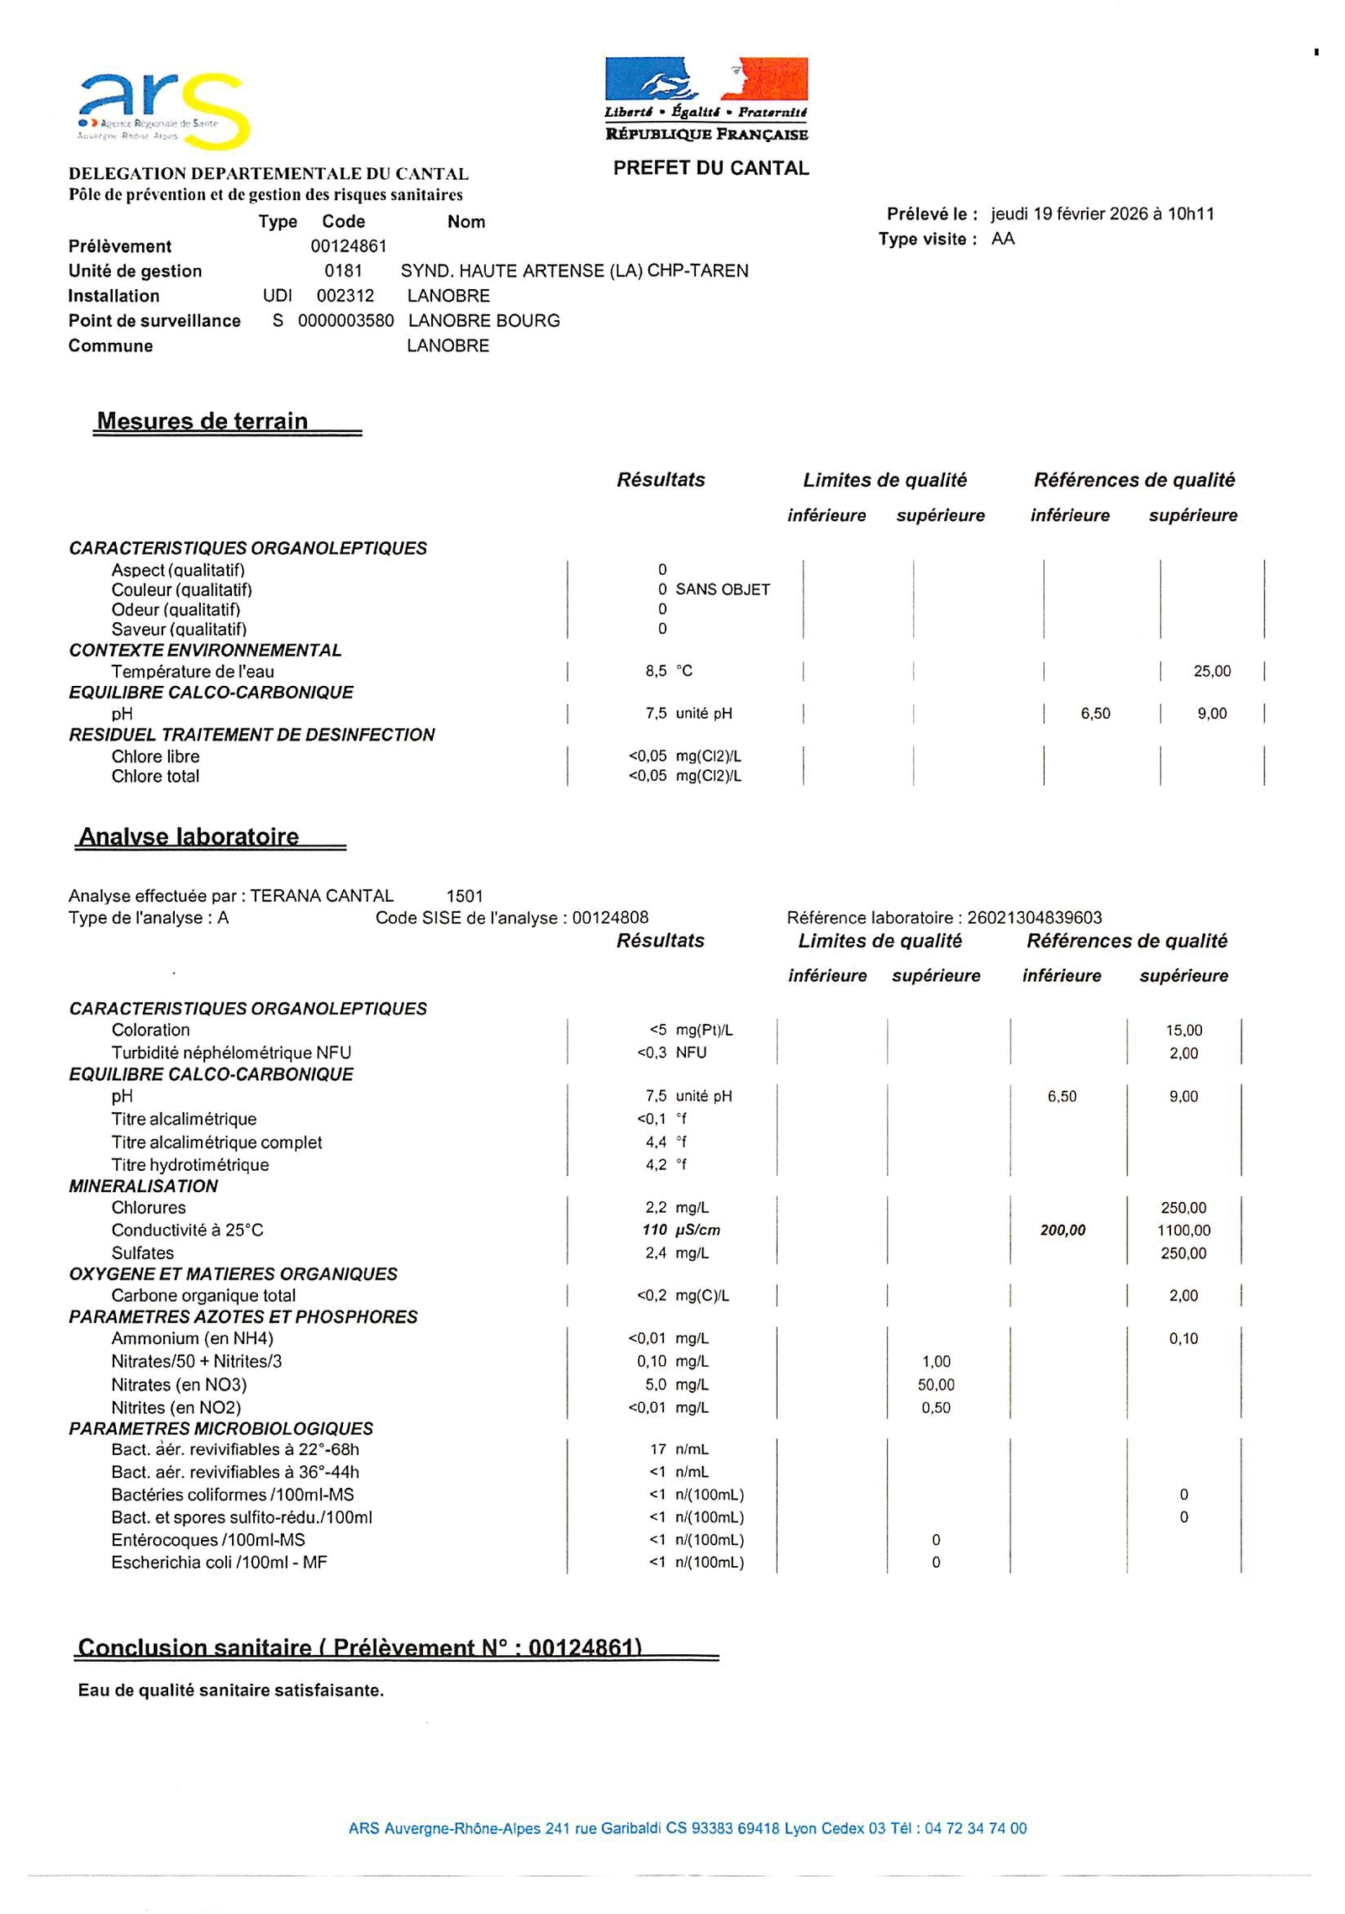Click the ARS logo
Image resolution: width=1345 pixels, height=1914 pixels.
pyautogui.click(x=164, y=110)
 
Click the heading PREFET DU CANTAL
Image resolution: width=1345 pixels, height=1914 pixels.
pyautogui.click(x=710, y=168)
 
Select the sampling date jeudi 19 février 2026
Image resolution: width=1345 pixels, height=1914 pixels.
pyautogui.click(x=1068, y=214)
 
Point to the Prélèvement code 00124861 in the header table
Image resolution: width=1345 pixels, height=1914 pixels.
pyautogui.click(x=348, y=246)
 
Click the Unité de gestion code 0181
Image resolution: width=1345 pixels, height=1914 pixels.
pyautogui.click(x=343, y=271)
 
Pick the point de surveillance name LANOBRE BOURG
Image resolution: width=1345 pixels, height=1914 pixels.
pyautogui.click(x=483, y=320)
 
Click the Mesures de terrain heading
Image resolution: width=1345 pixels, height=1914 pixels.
pyautogui.click(x=203, y=421)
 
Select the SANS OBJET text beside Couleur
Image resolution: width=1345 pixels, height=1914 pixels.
pyautogui.click(x=722, y=589)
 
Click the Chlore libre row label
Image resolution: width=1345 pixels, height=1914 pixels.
pyautogui.click(x=156, y=757)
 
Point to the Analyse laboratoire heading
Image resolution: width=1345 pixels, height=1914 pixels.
pyautogui.click(x=188, y=836)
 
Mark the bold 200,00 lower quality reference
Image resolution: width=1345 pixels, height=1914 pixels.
pyautogui.click(x=1063, y=1231)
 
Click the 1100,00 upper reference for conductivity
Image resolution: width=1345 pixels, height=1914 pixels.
pyautogui.click(x=1183, y=1231)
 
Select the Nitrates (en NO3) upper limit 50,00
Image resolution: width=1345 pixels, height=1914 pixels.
pyautogui.click(x=936, y=1384)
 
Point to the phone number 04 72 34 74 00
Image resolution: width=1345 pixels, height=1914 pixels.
pyautogui.click(x=975, y=1828)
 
